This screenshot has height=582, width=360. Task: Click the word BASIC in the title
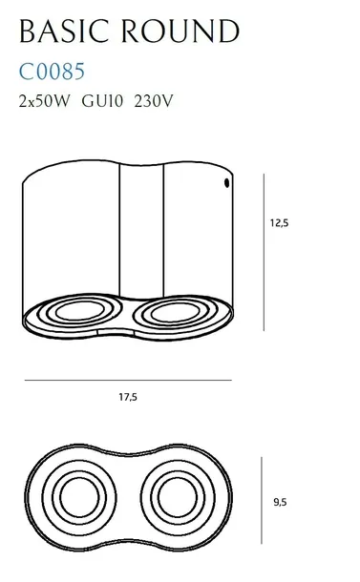click(66, 31)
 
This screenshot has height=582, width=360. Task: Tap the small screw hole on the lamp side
click(226, 181)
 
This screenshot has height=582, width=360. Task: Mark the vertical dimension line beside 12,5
click(265, 253)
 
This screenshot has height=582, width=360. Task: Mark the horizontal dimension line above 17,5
click(127, 381)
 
